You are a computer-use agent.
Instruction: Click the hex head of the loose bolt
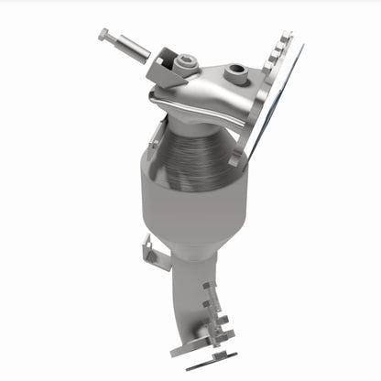tap(103, 35)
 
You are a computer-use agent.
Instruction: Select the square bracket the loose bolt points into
tap(162, 66)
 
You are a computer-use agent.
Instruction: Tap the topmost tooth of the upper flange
tap(286, 37)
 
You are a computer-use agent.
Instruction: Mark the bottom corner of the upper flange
tap(240, 158)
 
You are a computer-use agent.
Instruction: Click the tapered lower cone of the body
tap(188, 243)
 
